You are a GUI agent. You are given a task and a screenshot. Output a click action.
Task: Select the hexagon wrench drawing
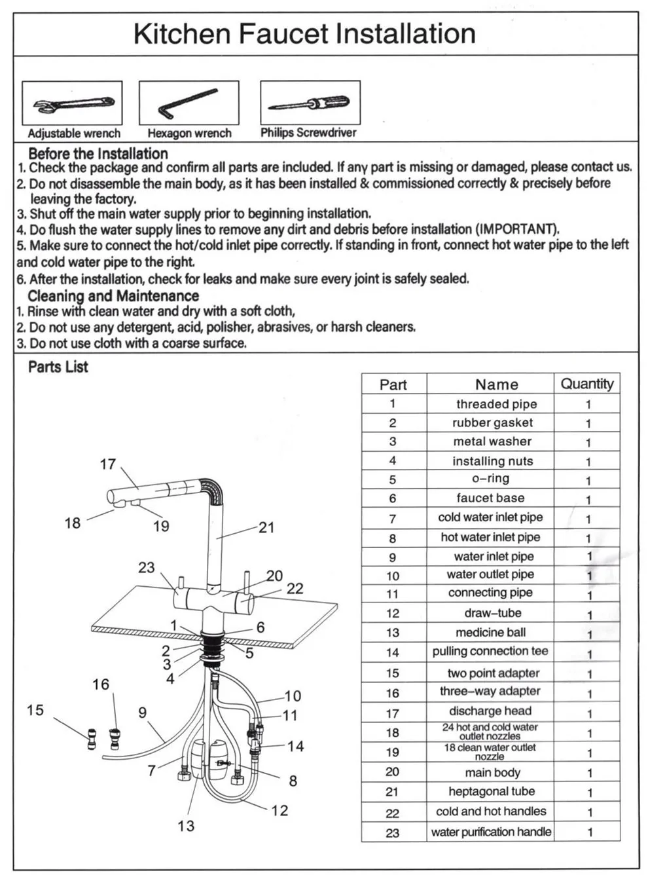tap(189, 102)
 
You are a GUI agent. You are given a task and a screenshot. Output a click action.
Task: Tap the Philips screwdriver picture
tap(310, 103)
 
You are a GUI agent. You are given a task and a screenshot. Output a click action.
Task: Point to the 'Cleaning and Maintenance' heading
tap(113, 296)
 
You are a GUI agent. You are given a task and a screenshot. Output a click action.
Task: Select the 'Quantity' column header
tap(587, 384)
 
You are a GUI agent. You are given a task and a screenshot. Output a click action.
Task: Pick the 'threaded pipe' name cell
tap(496, 404)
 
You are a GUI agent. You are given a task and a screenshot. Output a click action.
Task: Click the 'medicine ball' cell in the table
tap(491, 633)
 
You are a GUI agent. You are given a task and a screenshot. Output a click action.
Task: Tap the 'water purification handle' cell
tap(491, 832)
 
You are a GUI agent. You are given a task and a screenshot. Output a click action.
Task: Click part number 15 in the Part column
tap(392, 673)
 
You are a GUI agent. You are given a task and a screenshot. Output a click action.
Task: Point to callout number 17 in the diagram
tap(107, 464)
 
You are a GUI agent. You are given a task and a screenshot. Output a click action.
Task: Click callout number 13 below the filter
tap(186, 826)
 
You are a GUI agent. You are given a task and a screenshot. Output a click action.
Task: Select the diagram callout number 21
tap(266, 527)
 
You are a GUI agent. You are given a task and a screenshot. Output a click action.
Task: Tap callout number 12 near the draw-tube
tap(279, 811)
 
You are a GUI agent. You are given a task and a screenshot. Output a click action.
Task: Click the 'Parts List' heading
tap(58, 367)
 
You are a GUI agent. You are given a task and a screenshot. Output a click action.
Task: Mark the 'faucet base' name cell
tap(490, 498)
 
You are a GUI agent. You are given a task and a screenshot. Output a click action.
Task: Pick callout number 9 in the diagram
tap(143, 713)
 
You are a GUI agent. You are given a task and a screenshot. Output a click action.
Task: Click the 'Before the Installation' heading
tap(98, 154)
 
